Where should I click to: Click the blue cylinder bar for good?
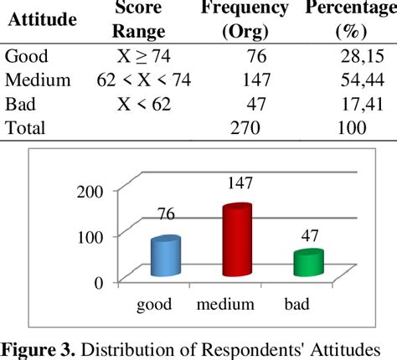point(165,255)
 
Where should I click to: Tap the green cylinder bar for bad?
point(307,262)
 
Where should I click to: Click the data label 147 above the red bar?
point(237,183)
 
